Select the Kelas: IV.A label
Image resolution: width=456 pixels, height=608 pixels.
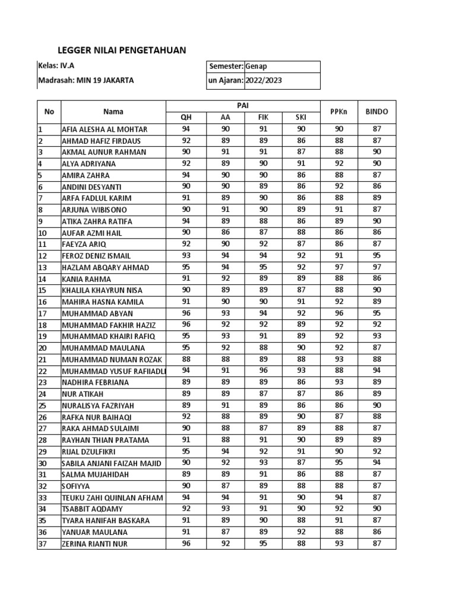52,66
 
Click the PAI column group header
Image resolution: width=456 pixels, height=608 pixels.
243,105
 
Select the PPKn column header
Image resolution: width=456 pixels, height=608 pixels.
339,111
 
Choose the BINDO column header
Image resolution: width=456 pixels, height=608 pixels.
376,111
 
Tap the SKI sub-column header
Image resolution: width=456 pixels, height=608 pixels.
301,118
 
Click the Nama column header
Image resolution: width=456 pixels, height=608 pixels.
113,111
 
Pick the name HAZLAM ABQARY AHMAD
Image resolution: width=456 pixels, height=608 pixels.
105,267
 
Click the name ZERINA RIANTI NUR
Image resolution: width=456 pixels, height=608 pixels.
94,544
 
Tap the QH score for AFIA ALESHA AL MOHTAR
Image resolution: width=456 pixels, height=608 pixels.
186,129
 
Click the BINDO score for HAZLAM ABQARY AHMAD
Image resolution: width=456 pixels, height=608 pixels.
376,267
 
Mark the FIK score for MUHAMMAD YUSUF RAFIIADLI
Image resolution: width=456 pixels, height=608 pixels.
264,371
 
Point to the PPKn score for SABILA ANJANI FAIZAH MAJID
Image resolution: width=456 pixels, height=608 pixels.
339,463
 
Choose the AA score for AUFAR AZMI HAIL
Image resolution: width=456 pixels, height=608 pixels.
225,233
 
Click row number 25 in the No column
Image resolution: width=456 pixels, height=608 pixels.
42,406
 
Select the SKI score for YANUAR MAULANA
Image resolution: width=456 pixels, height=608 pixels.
301,532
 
